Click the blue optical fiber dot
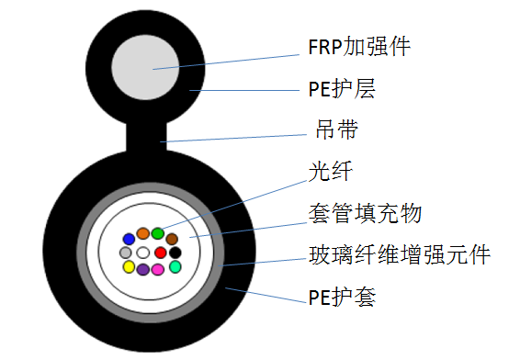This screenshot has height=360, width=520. [x=130, y=240]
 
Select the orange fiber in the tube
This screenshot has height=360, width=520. [x=143, y=233]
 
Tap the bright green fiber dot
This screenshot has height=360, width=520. [x=158, y=233]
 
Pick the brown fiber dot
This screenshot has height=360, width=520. [x=172, y=240]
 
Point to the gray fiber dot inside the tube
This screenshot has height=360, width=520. [x=126, y=253]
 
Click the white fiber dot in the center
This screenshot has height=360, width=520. [x=143, y=253]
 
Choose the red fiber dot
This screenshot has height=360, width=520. [x=160, y=253]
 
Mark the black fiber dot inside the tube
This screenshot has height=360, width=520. [x=175, y=253]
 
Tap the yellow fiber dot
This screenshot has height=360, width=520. [x=130, y=267]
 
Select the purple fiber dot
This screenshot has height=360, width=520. [x=143, y=270]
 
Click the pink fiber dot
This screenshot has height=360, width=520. [x=158, y=270]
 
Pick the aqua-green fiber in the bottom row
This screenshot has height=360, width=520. [x=175, y=266]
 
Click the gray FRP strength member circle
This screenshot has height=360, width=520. [x=152, y=69]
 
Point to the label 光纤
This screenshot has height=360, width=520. [x=331, y=173]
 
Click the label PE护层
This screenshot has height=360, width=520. [x=341, y=89]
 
